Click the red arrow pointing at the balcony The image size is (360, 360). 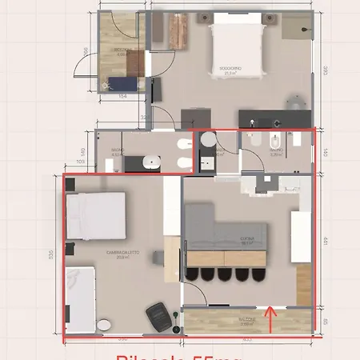(271, 318)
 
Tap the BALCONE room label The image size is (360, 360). (246, 322)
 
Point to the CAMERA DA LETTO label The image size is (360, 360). (122, 255)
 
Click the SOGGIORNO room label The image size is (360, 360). (230, 70)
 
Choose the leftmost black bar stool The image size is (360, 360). (193, 274)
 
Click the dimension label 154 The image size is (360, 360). (122, 96)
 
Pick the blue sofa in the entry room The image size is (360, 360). (125, 82)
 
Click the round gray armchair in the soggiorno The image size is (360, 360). (294, 104)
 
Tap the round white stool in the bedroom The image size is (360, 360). (103, 325)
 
